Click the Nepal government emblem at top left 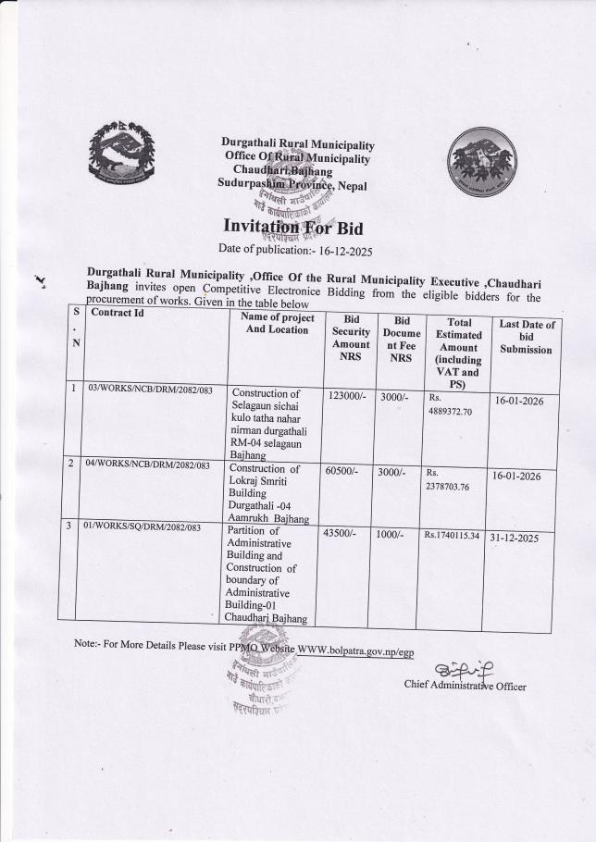pos(121,153)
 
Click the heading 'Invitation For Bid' pos(296,227)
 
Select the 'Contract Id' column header pos(117,313)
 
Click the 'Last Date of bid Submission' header pos(527,336)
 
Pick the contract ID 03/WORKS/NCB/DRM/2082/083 pos(150,390)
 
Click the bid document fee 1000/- pos(393,534)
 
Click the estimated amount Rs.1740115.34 pos(452,535)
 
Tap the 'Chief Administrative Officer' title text pos(465,686)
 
